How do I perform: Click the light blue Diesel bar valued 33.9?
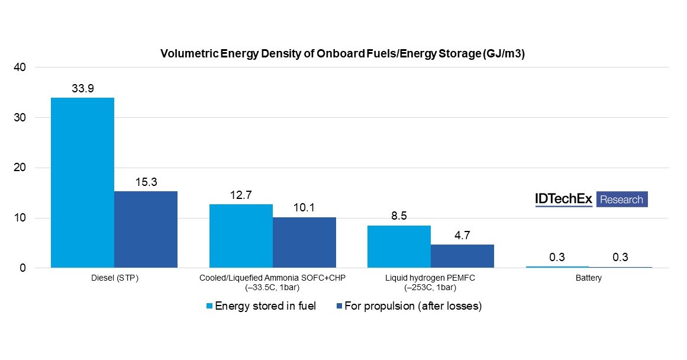(82, 182)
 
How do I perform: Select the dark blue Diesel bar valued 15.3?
(146, 229)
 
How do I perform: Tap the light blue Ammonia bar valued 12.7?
(241, 236)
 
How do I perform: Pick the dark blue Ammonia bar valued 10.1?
(304, 242)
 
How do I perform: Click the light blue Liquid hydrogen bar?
(399, 246)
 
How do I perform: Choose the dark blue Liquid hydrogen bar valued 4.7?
(462, 256)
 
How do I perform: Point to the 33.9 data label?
(82, 88)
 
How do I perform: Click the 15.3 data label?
(146, 182)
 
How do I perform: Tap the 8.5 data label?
(399, 216)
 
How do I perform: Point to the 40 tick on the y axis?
(20, 67)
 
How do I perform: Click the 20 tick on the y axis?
(20, 168)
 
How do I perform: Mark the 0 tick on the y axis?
(22, 268)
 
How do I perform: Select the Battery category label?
(589, 278)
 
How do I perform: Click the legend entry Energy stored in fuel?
(261, 306)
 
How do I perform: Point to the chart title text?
(343, 54)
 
